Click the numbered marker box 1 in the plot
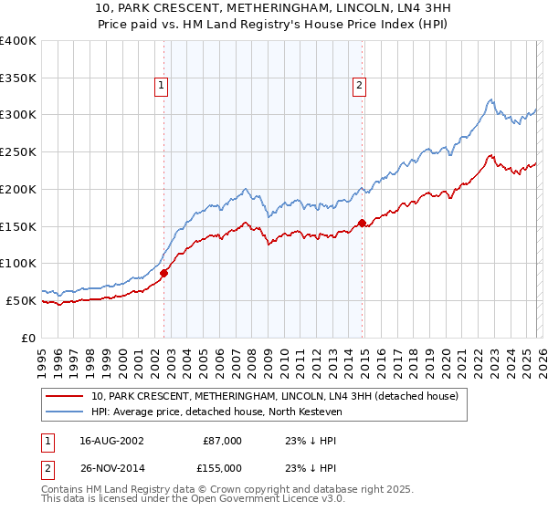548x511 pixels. (161, 86)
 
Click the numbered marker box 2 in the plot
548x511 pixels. (360, 86)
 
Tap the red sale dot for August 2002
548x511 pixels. (164, 272)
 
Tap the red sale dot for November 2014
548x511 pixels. (363, 222)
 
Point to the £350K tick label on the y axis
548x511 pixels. (18, 78)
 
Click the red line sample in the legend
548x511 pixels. (65, 396)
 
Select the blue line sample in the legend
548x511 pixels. (65, 412)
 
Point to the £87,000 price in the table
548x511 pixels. (222, 441)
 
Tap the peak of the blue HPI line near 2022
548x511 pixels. (490, 99)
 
